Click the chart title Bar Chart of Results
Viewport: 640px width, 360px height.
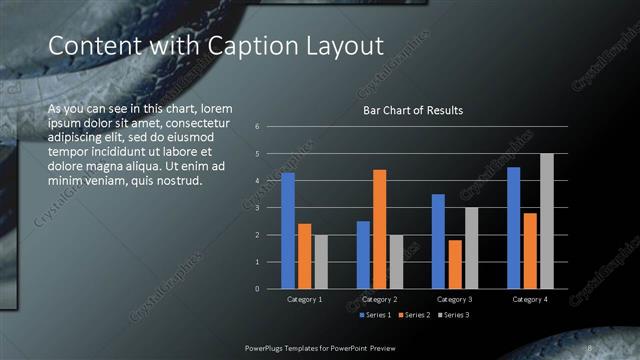pos(412,110)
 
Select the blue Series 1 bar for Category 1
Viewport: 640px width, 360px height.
pos(288,231)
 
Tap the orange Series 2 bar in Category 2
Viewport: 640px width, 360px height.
pos(379,229)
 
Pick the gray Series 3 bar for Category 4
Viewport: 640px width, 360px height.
pos(546,221)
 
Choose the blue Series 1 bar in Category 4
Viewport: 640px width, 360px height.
pos(514,228)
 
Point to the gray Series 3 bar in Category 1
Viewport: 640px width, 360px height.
pos(320,262)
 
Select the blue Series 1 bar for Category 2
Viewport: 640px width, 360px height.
pos(363,255)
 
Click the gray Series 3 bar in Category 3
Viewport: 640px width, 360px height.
pos(471,248)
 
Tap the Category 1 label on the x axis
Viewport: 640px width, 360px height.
pos(304,299)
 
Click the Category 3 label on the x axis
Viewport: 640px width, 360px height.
pos(455,299)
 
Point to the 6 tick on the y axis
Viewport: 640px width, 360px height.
pos(258,127)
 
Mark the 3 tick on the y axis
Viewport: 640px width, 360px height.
pos(258,208)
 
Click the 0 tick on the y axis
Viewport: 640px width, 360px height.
pos(258,289)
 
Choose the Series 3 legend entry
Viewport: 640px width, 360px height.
pos(455,315)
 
